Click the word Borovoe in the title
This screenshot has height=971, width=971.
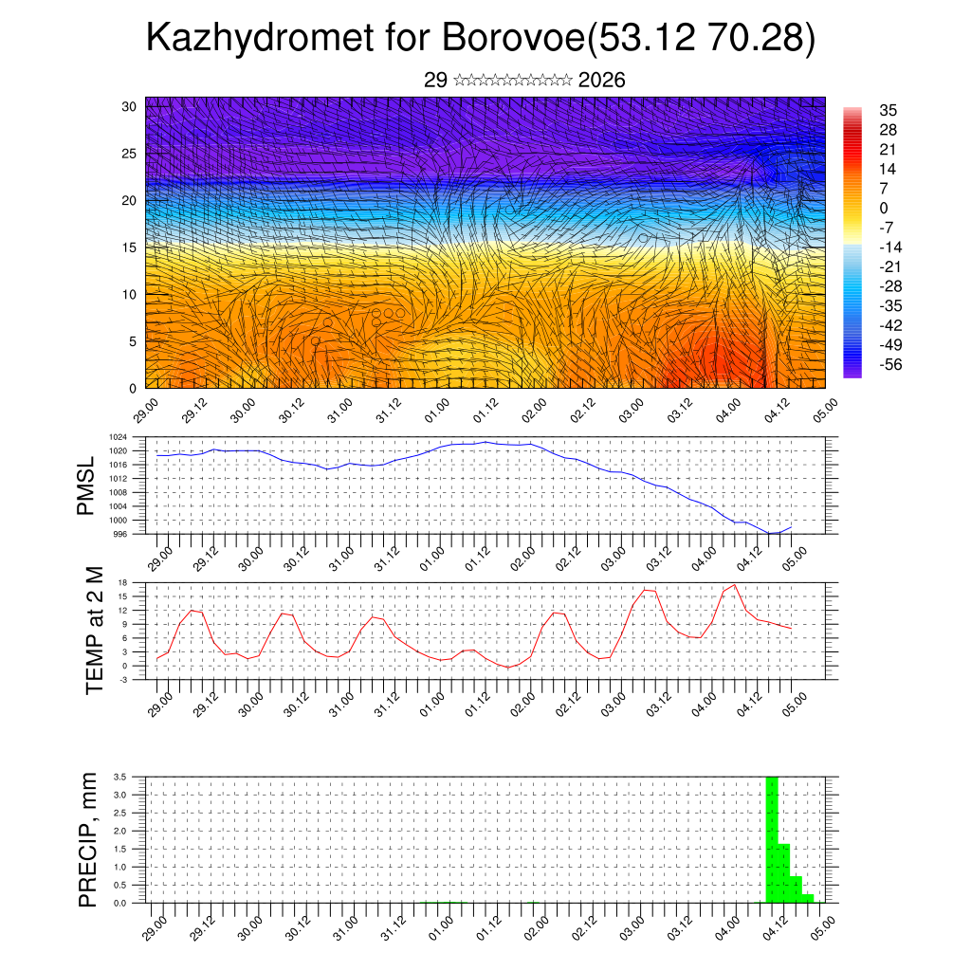click(512, 39)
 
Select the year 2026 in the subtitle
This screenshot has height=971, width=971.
click(601, 81)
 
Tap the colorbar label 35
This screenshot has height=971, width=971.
click(888, 110)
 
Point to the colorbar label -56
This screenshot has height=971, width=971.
click(889, 364)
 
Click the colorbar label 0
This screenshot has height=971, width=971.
click(884, 208)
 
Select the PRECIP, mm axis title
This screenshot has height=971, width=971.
click(88, 838)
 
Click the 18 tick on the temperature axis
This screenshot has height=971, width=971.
click(122, 582)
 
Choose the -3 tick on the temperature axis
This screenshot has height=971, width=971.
click(124, 679)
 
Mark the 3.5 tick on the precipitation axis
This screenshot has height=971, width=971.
click(120, 777)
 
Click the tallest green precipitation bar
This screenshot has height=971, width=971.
click(772, 839)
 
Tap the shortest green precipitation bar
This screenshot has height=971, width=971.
click(807, 898)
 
